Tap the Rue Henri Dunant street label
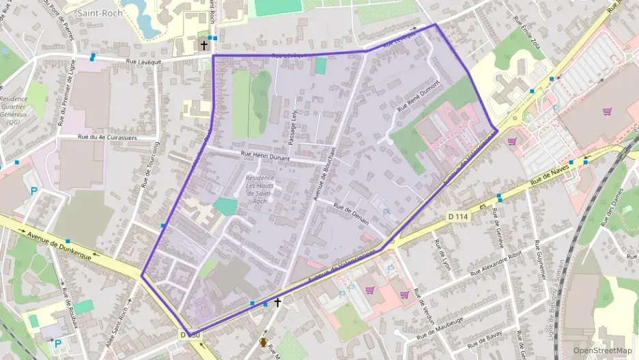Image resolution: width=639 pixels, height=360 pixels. click(x=265, y=156)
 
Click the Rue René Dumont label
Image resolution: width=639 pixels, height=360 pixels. click(x=416, y=96)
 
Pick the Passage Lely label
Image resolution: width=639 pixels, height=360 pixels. click(x=294, y=128)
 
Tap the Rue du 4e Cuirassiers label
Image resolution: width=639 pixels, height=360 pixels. click(x=108, y=137)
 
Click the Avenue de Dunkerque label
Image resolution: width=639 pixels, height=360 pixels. click(x=60, y=241)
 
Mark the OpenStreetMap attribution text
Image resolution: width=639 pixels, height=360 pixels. click(x=602, y=350)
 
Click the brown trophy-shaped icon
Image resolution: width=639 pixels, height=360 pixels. click(x=264, y=341)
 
